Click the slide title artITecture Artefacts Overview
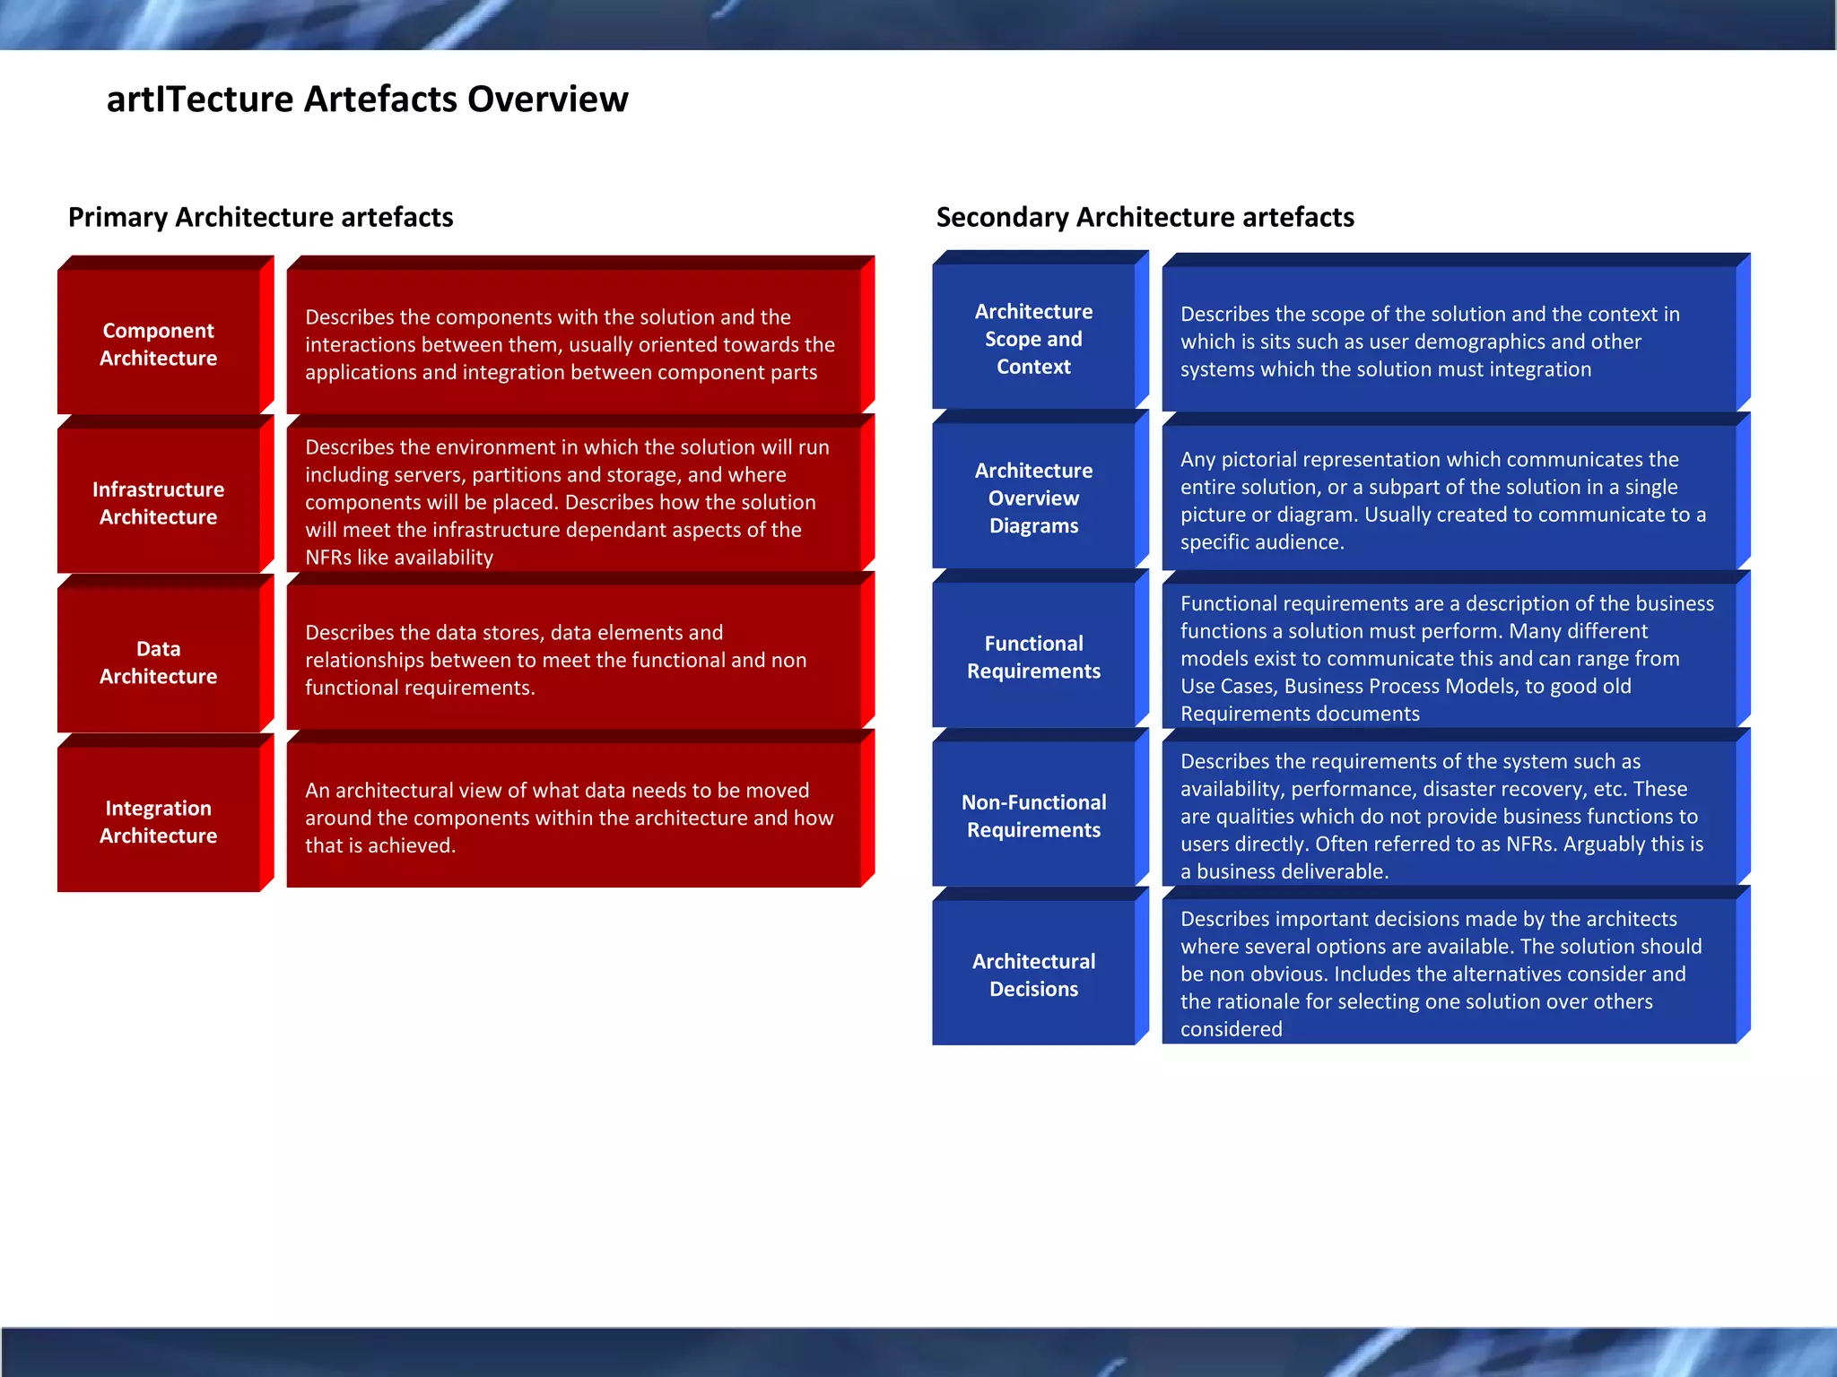click(367, 100)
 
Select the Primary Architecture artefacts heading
click(260, 217)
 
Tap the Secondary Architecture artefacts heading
click(1145, 217)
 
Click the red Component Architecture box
click(159, 344)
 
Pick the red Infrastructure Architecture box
click(159, 503)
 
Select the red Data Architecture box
click(159, 663)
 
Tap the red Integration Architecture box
click(159, 821)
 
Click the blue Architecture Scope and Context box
click(1033, 339)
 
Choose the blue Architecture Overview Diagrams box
click(1033, 498)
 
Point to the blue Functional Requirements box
click(1033, 657)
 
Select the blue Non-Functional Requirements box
click(1033, 816)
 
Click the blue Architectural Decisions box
click(1033, 974)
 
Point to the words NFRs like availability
click(399, 558)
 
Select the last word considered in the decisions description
click(1231, 1029)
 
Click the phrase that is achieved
click(380, 845)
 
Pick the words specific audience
click(1261, 542)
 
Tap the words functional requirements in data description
click(419, 688)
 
